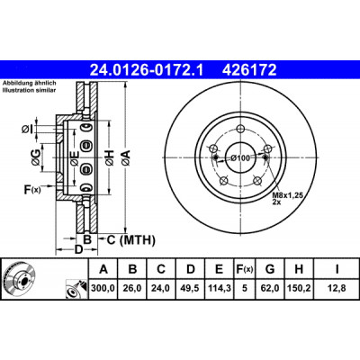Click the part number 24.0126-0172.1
click(x=147, y=70)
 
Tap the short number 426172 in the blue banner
click(x=249, y=70)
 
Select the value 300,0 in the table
click(x=103, y=288)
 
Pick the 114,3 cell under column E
click(x=220, y=288)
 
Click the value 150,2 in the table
click(x=299, y=288)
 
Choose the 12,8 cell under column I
click(x=337, y=288)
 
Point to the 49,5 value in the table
click(x=191, y=288)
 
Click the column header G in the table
click(x=270, y=269)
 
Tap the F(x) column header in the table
click(x=245, y=269)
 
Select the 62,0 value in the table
click(x=270, y=288)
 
